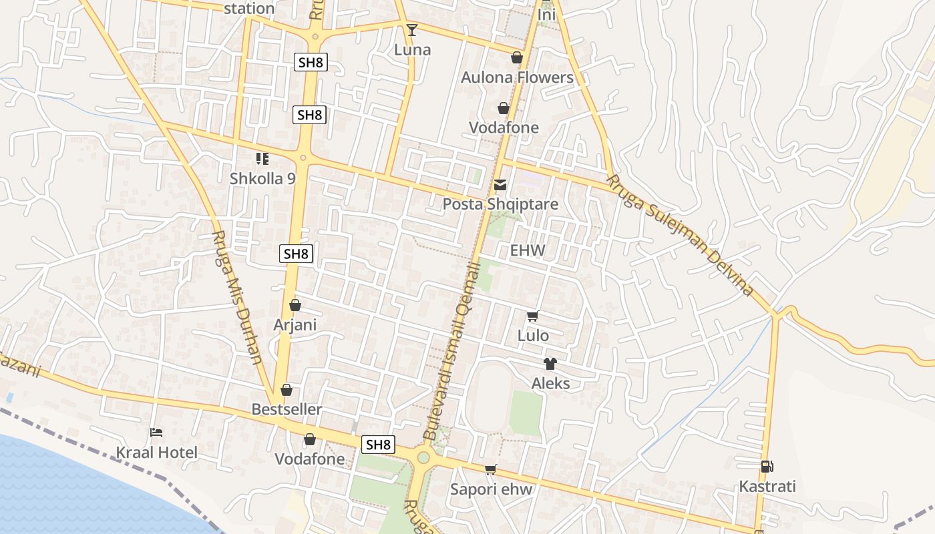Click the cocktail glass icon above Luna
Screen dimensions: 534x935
pyautogui.click(x=412, y=29)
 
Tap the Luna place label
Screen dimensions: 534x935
pyautogui.click(x=412, y=50)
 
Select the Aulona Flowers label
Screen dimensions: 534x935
pyautogui.click(x=517, y=77)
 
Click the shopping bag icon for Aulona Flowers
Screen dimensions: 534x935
pyautogui.click(x=516, y=57)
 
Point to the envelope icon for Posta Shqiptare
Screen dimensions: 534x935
pyautogui.click(x=500, y=185)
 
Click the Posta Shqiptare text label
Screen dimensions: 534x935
pyautogui.click(x=500, y=204)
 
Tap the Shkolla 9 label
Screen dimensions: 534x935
pyautogui.click(x=262, y=179)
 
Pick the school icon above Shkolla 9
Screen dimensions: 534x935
pyautogui.click(x=262, y=159)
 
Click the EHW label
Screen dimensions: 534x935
pyautogui.click(x=528, y=251)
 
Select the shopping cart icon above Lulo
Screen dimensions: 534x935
pyautogui.click(x=532, y=316)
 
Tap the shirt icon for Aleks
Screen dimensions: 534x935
pyautogui.click(x=550, y=364)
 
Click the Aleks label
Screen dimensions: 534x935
pyautogui.click(x=550, y=384)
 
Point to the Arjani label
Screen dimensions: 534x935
pyautogui.click(x=295, y=325)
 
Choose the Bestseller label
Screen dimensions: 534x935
pyautogui.click(x=287, y=409)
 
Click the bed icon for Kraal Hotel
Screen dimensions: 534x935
pyautogui.click(x=156, y=433)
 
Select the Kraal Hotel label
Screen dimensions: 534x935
pyautogui.click(x=157, y=453)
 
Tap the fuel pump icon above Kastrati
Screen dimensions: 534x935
pyautogui.click(x=767, y=467)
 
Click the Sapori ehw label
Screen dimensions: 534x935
pyautogui.click(x=491, y=489)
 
